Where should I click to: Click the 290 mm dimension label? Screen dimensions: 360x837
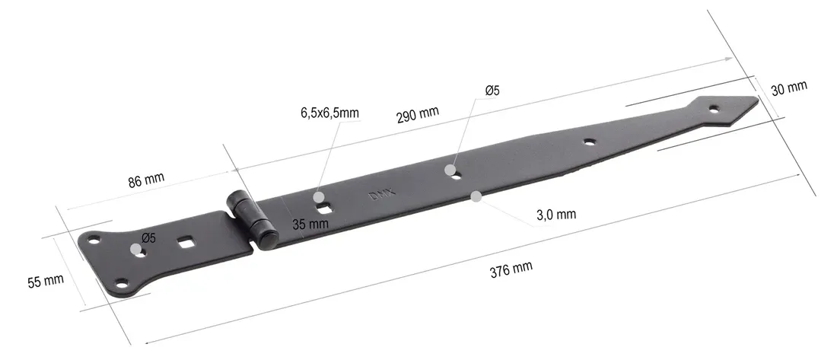pyautogui.click(x=417, y=114)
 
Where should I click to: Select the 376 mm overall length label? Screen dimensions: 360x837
pyautogui.click(x=511, y=267)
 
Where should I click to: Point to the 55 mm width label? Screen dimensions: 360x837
pyautogui.click(x=46, y=280)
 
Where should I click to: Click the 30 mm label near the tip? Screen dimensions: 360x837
pyautogui.click(x=788, y=88)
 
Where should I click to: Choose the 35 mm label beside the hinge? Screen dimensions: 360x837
pyautogui.click(x=310, y=224)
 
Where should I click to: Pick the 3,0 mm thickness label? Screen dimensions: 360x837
pyautogui.click(x=555, y=215)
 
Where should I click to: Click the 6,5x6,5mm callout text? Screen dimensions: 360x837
pyautogui.click(x=329, y=113)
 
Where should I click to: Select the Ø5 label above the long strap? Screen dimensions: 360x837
pyautogui.click(x=492, y=91)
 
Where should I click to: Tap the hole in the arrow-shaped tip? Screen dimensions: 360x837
pyautogui.click(x=714, y=110)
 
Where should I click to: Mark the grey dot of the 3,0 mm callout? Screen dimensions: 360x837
pyautogui.click(x=476, y=196)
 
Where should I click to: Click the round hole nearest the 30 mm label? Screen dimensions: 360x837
pyautogui.click(x=714, y=110)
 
